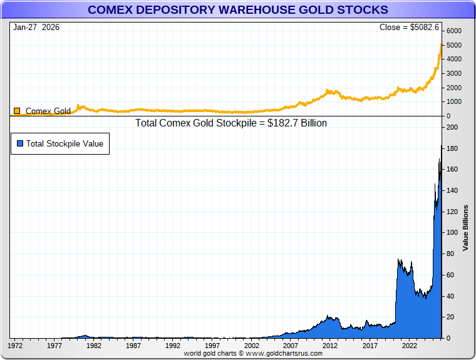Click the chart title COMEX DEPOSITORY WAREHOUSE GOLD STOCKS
click(237, 10)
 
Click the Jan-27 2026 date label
click(36, 28)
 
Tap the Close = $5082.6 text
click(410, 28)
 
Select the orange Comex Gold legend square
click(17, 111)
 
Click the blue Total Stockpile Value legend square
click(20, 143)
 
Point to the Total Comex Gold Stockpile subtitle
click(231, 123)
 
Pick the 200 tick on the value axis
click(451, 127)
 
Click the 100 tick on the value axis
click(451, 233)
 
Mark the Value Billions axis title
click(465, 228)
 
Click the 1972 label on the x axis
click(15, 345)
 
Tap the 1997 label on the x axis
click(212, 345)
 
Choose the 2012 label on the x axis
click(331, 345)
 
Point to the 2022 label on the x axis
click(410, 345)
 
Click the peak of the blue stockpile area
click(442, 147)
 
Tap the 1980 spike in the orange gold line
click(78, 105)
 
